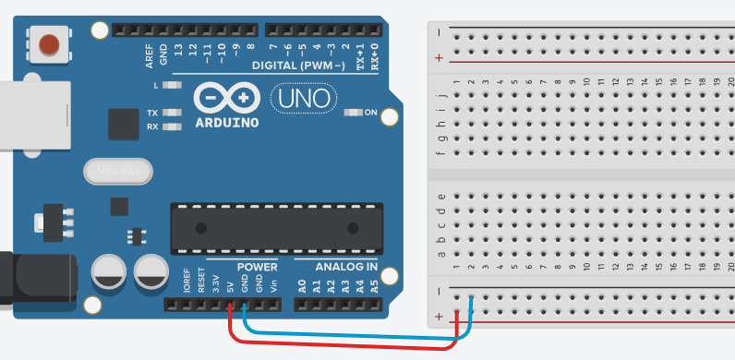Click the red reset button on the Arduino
(x=49, y=43)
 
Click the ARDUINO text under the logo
(x=227, y=121)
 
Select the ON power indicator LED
(x=351, y=114)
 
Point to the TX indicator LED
(x=171, y=113)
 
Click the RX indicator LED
(x=171, y=126)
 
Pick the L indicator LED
(x=171, y=86)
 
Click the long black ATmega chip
(x=275, y=228)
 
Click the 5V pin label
(x=230, y=284)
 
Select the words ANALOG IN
(x=346, y=267)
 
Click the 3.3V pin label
(x=216, y=282)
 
